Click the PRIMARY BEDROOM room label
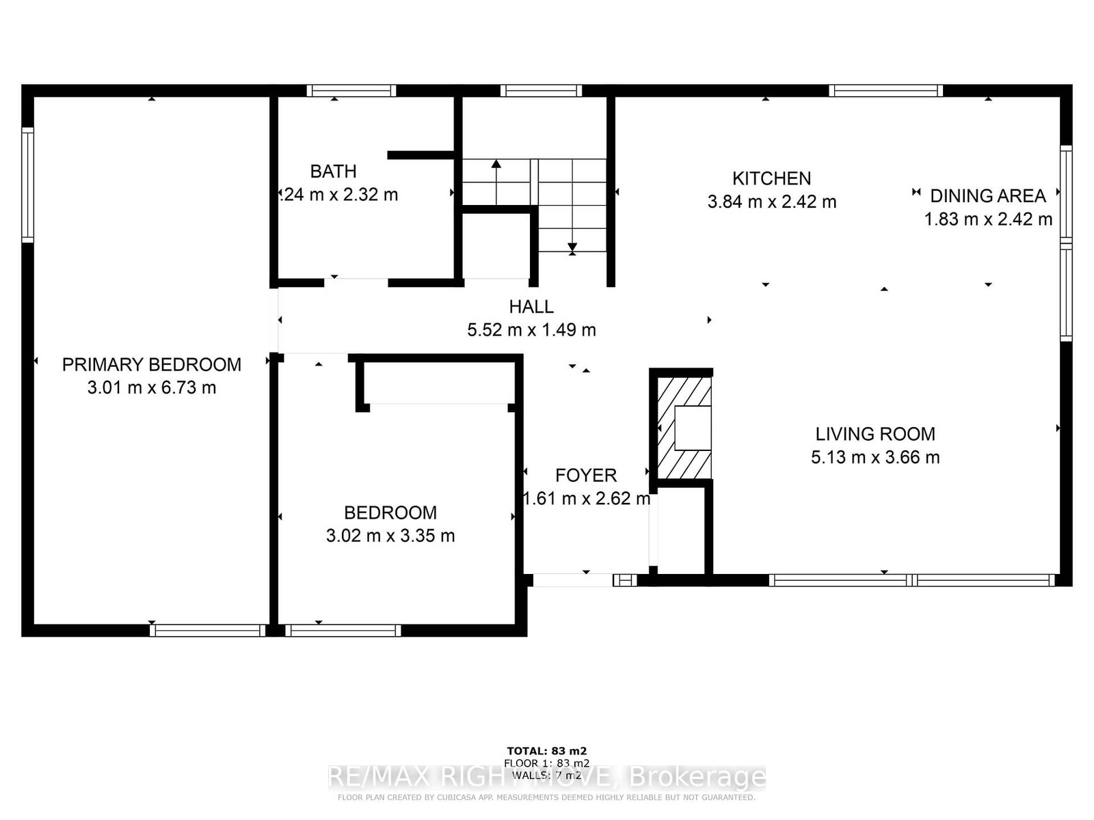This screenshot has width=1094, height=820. point(151,364)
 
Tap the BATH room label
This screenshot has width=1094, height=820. point(333,172)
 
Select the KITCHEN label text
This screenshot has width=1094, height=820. point(771,178)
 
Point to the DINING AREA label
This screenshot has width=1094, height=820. point(987,196)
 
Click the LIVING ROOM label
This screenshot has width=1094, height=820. point(875,434)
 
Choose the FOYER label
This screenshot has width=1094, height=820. point(586,476)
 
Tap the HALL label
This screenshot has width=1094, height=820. point(531,307)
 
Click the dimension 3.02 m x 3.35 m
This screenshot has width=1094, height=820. point(390,536)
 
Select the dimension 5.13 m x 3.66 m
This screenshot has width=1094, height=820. point(875,457)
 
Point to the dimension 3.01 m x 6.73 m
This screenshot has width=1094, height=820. point(151,387)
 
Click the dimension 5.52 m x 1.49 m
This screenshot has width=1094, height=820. point(531,330)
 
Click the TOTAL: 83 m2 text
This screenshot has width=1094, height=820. point(546,751)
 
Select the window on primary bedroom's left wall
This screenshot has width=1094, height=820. point(27,184)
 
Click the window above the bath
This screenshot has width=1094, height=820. point(351,90)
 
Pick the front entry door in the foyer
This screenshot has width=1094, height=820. point(572,580)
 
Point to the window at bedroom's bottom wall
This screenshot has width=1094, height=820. point(343,630)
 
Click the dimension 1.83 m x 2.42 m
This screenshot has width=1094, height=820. point(987,219)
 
